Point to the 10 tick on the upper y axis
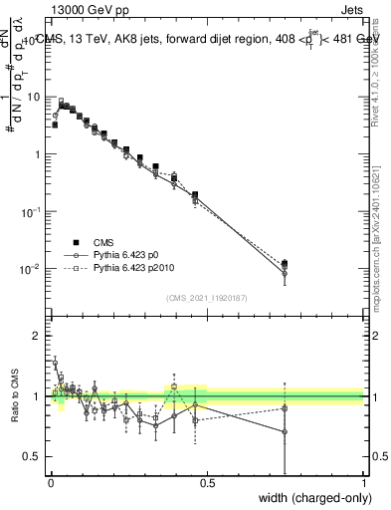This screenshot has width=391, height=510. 32,98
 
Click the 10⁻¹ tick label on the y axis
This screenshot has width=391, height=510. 30,212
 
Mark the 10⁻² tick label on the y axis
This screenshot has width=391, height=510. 30,270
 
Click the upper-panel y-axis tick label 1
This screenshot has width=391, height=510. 36,155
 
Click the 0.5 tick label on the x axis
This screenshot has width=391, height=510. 207,485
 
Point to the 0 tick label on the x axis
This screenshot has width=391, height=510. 51,485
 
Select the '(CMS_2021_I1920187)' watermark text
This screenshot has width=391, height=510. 206,296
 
